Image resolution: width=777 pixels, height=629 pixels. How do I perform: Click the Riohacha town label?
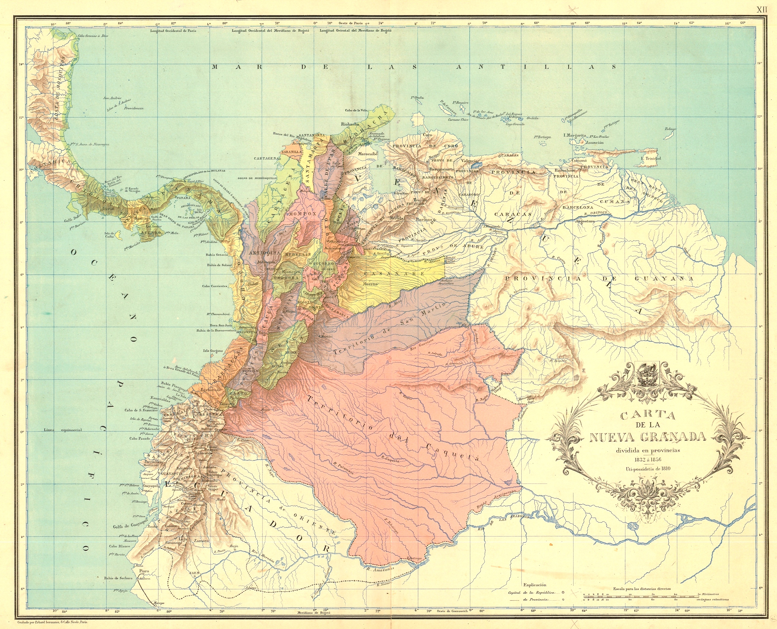click(350, 124)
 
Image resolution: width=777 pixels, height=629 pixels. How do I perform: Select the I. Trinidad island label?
click(651, 158)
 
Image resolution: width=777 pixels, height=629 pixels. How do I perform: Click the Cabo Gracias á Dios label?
click(93, 36)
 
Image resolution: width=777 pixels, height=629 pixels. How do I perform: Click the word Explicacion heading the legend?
click(535, 585)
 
